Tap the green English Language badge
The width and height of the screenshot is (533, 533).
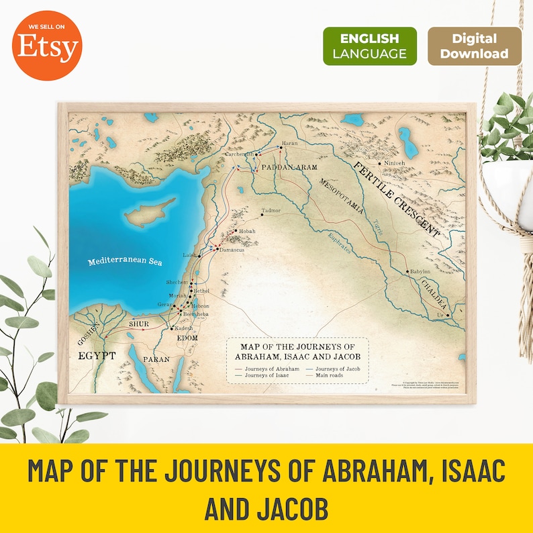click(369, 46)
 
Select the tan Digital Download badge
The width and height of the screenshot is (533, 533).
click(474, 46)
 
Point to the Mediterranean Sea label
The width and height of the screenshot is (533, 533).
click(126, 262)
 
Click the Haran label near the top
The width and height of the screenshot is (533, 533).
click(289, 143)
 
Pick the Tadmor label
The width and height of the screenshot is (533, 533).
click(271, 210)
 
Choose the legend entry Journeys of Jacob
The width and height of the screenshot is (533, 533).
click(334, 369)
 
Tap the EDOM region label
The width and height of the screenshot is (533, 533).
click(187, 338)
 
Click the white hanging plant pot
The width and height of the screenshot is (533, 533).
click(509, 185)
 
